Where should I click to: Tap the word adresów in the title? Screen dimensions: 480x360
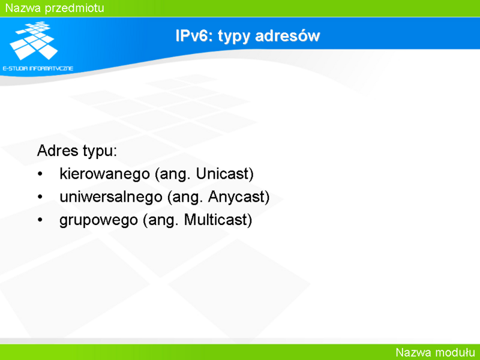[x=287, y=36]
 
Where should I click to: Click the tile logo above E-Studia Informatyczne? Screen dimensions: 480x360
[x=34, y=40]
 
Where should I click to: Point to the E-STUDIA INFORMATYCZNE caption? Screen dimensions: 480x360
[x=38, y=68]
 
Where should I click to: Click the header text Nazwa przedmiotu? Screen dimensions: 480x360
[x=55, y=8]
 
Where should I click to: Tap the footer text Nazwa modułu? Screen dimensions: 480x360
[x=436, y=352]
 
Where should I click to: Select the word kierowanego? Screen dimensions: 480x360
[x=104, y=174]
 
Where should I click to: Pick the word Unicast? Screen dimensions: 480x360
[x=221, y=174]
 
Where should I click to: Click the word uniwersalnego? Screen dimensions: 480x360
[x=111, y=197]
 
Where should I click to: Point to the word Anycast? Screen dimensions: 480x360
[x=235, y=197]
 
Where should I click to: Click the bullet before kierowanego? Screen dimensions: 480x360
[x=40, y=174]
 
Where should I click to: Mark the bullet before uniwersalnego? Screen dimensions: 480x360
[x=40, y=197]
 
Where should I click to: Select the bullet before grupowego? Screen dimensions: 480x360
[x=40, y=220]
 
